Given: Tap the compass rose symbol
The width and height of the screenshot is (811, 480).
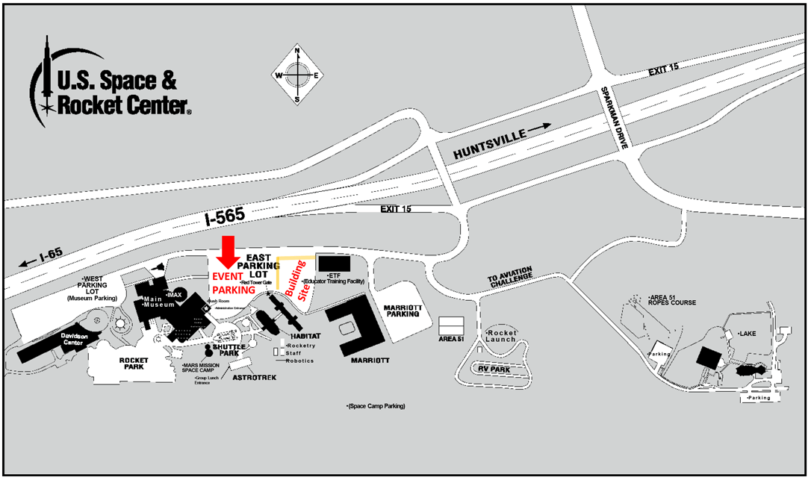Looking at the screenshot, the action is (x=298, y=75).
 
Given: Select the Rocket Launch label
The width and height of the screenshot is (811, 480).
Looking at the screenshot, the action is (x=501, y=335).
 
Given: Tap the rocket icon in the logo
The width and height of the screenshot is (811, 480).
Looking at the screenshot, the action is (x=46, y=75).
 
